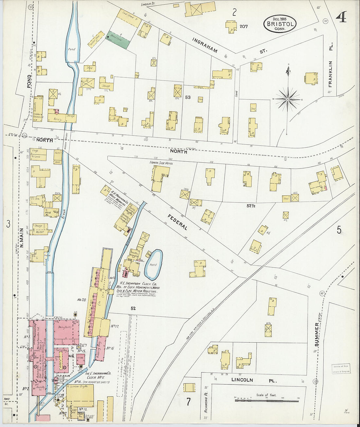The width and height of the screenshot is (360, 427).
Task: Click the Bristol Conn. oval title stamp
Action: click(x=280, y=24)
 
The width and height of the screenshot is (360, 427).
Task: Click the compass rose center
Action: click(x=288, y=99)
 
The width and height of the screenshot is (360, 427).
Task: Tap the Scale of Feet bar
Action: click(x=267, y=400)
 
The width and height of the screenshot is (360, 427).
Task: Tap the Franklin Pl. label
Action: click(x=330, y=74)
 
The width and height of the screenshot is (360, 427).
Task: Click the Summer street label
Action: click(x=316, y=334)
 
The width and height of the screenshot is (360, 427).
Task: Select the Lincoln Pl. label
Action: click(x=254, y=380)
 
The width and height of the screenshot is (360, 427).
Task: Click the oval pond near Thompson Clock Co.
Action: click(x=153, y=264)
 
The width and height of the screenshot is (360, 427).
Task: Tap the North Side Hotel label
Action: click(x=161, y=163)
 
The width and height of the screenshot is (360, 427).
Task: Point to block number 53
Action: click(x=188, y=97)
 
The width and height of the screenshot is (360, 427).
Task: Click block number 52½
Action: click(x=251, y=205)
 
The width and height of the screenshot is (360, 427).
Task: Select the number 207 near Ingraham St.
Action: click(x=243, y=27)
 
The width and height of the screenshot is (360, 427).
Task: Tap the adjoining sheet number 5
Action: click(x=339, y=230)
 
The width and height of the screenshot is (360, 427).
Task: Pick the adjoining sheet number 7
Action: click(x=188, y=402)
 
